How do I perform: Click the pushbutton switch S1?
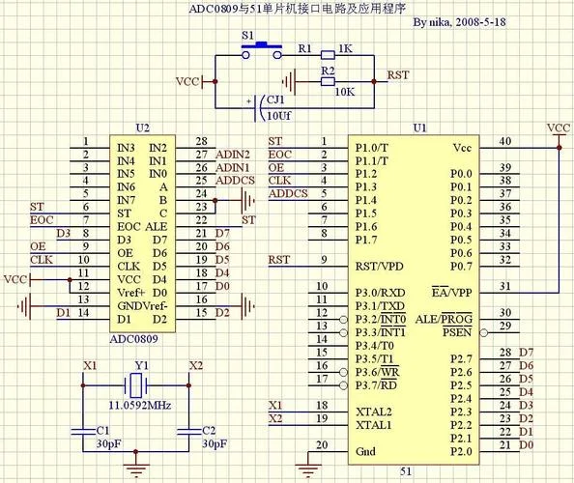(262, 50)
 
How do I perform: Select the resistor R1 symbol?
(328, 55)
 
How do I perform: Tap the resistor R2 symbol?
(328, 81)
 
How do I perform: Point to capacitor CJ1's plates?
(259, 108)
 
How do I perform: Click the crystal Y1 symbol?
(136, 385)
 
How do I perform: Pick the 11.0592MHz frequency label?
(140, 406)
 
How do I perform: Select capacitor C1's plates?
(83, 432)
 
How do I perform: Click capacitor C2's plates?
(188, 432)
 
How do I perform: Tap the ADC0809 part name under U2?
(134, 339)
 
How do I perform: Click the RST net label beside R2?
(398, 75)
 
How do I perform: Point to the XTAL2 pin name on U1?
(374, 412)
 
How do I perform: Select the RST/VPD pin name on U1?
(379, 266)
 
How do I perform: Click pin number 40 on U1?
(505, 141)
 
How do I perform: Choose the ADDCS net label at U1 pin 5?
(288, 193)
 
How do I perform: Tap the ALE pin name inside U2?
(157, 226)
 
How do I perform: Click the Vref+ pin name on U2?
(131, 293)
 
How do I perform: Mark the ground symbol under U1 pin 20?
(308, 470)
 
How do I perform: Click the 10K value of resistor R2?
(344, 92)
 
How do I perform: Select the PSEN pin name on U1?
(457, 332)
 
